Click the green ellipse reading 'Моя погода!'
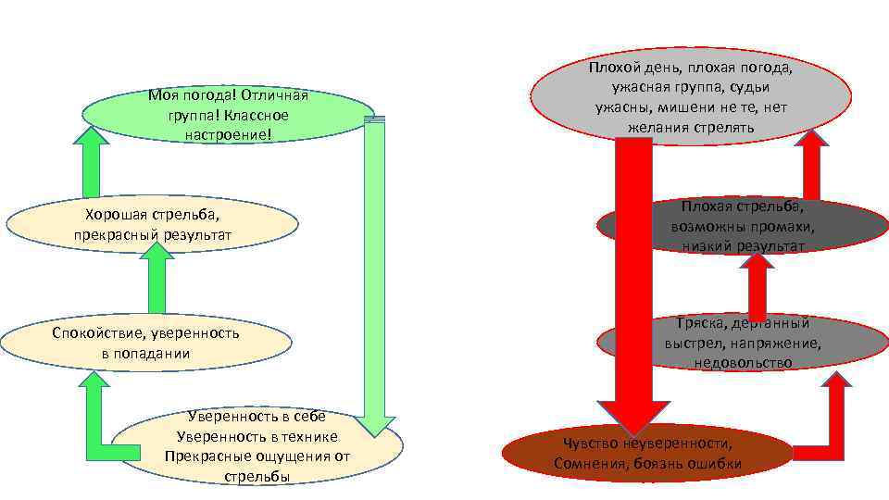228,115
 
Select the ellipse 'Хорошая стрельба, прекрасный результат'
152,224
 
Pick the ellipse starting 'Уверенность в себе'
259,445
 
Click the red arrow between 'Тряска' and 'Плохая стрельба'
758,287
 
